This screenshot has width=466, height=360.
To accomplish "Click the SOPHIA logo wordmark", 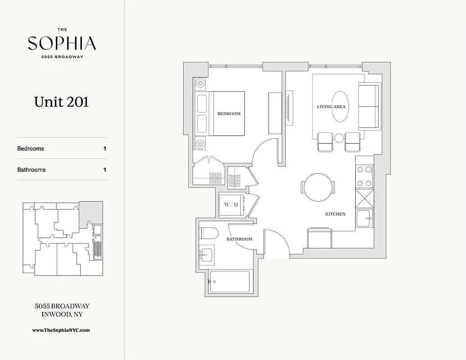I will (62, 43).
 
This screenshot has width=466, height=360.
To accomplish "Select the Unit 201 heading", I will (62, 102).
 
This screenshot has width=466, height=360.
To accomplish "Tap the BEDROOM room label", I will (229, 114).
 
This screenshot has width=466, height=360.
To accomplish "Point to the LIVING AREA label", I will (331, 107).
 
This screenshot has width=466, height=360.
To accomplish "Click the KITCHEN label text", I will (335, 214).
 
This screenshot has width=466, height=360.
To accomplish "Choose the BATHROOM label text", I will (239, 239).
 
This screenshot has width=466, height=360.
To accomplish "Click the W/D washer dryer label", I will (231, 205).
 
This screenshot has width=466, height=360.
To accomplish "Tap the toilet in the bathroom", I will (208, 233).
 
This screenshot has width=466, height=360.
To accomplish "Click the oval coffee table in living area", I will (340, 107).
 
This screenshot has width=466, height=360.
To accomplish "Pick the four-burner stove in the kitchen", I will (364, 176).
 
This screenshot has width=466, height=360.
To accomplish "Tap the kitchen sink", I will (364, 218).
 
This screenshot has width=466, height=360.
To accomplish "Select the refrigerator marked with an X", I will (364, 198).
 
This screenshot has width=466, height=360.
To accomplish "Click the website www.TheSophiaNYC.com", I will (61, 330).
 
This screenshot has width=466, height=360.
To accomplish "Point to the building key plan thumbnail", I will (63, 238).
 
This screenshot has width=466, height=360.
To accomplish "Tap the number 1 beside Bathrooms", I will (105, 170).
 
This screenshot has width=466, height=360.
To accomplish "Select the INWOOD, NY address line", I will (62, 315).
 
